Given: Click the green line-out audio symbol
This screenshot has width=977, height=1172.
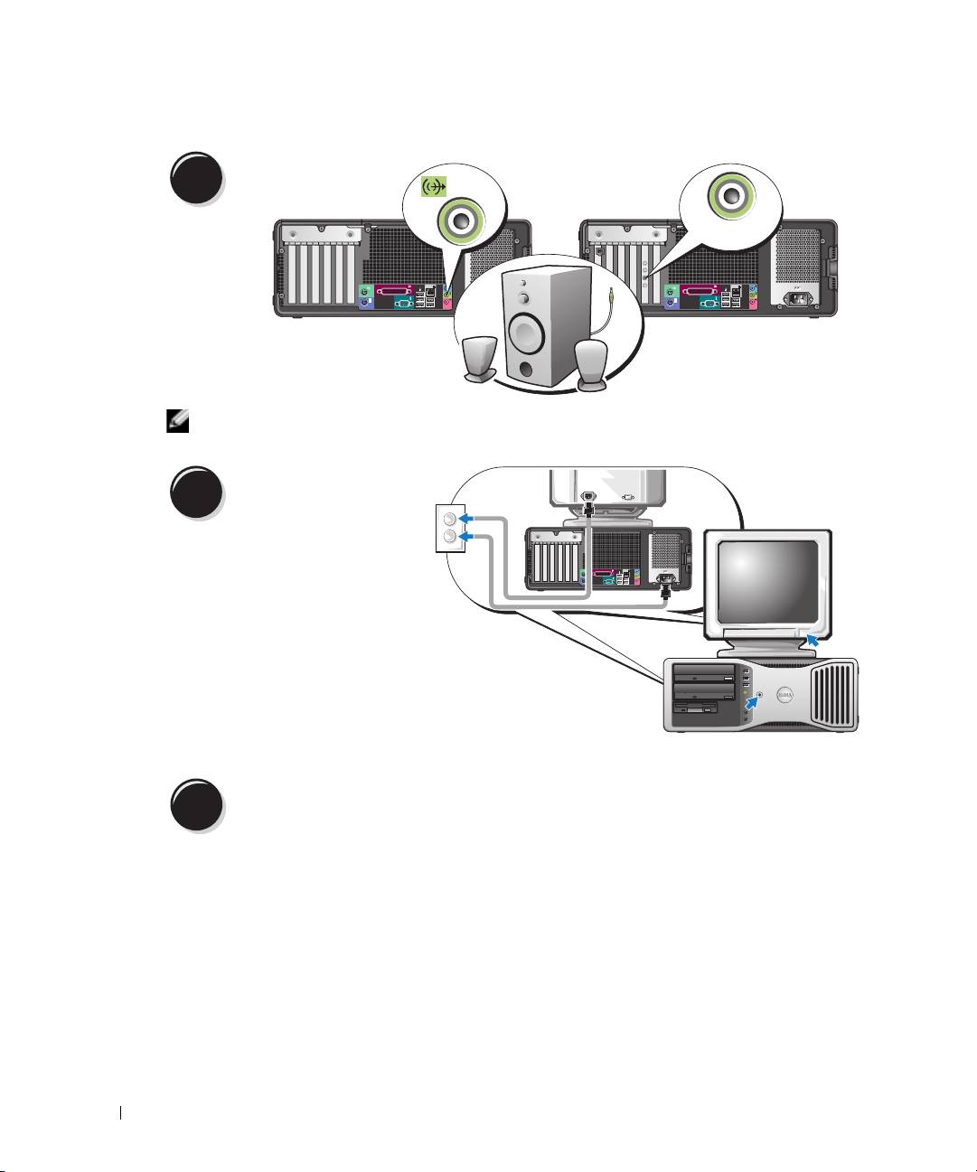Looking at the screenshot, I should pyautogui.click(x=435, y=187).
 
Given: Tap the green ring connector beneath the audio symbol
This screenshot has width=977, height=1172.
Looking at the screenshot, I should pyautogui.click(x=459, y=220).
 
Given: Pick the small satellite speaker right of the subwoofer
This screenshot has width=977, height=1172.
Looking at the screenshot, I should pyautogui.click(x=593, y=364).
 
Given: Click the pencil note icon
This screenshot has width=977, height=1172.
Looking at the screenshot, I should pyautogui.click(x=174, y=421).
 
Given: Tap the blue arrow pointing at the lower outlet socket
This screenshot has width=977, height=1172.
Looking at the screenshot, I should pyautogui.click(x=466, y=538).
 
